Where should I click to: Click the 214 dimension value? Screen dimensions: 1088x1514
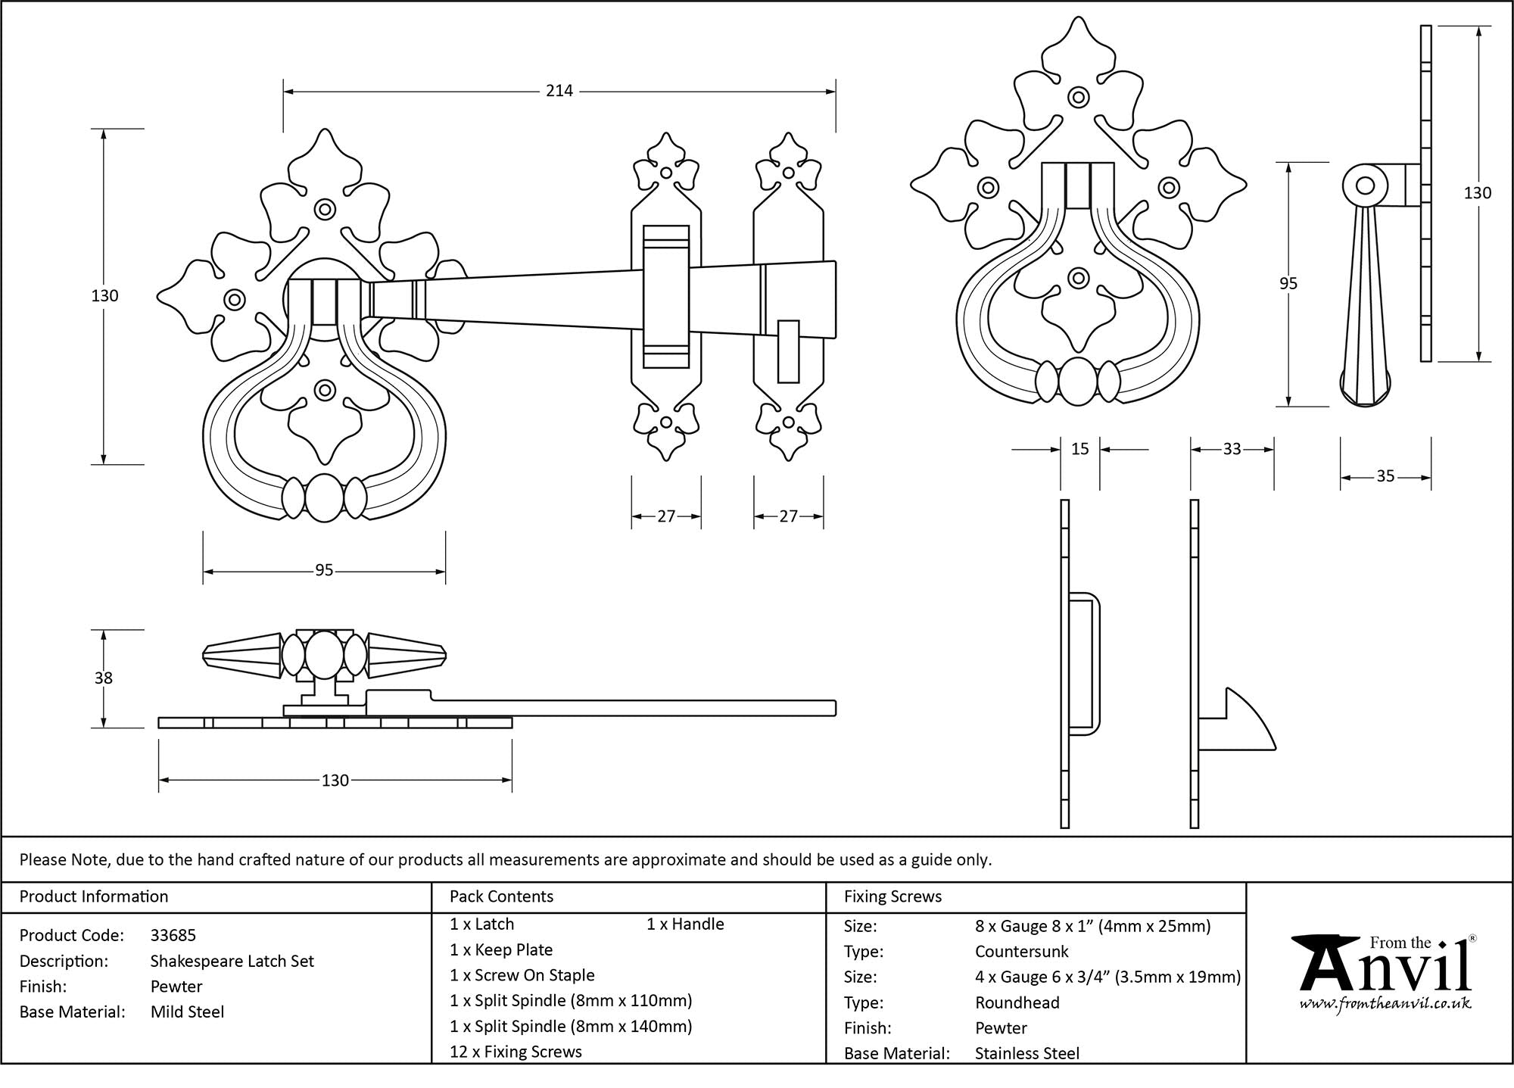(559, 91)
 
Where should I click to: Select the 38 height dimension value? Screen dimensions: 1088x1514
(104, 678)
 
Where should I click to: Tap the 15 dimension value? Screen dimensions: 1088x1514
(1080, 449)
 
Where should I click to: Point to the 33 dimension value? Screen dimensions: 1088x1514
(1232, 449)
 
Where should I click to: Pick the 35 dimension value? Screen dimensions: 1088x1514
(1385, 476)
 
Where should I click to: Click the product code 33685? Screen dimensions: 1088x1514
(173, 935)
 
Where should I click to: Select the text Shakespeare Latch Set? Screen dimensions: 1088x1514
(232, 961)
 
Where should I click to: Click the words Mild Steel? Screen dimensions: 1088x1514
(187, 1012)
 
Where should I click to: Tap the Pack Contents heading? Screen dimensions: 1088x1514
(501, 896)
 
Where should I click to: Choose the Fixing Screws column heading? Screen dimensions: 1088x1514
(893, 896)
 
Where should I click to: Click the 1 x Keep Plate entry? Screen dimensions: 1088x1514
(501, 949)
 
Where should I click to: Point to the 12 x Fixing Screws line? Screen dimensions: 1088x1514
(516, 1052)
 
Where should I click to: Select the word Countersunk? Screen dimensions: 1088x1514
(1021, 952)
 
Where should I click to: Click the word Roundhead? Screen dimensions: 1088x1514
(1017, 1002)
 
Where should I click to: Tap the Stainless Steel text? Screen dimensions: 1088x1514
(1026, 1053)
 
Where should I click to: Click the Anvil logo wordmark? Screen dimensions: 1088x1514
(1385, 969)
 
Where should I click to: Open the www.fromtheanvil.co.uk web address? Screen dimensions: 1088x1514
(1385, 1004)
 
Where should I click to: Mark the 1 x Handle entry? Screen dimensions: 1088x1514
(685, 924)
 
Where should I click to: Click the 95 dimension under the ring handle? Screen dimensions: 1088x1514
(324, 570)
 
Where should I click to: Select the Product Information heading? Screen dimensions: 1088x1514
(94, 896)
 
